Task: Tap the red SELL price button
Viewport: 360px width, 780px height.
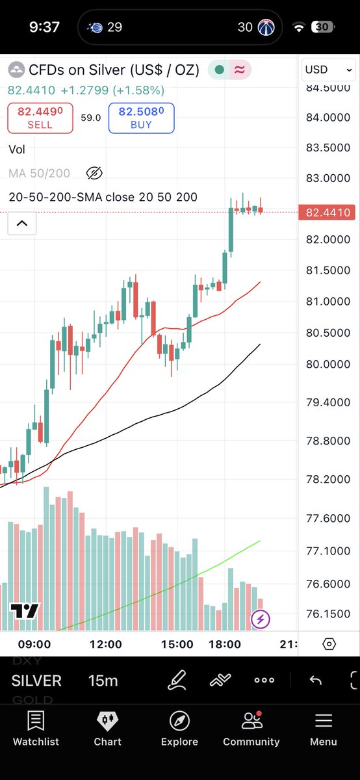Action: pos(40,118)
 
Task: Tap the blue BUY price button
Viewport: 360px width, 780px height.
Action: pos(142,118)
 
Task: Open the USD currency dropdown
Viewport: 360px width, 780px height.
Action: pos(328,70)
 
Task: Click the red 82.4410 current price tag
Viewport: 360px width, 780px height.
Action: pos(327,213)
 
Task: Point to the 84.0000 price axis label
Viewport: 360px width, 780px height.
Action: pos(328,118)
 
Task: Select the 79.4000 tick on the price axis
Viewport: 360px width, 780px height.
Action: pos(328,402)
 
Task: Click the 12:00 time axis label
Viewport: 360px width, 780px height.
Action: pos(106,644)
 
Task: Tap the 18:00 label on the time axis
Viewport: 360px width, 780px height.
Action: pos(225,644)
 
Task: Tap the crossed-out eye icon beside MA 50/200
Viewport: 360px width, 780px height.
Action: pos(94,173)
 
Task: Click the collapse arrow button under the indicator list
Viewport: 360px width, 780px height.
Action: pos(22,223)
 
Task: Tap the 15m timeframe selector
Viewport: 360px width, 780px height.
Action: pos(103,681)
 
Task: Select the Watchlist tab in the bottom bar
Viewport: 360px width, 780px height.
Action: pos(36,727)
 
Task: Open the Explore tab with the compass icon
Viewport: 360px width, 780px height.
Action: pos(179,727)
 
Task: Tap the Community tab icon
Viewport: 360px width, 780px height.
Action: pos(251,721)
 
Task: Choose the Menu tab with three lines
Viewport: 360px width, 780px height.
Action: pos(324,727)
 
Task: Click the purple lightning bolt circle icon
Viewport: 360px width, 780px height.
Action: pos(261,619)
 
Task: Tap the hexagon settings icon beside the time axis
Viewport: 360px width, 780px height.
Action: pos(329,644)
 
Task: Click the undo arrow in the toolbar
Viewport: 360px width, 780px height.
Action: pos(315,680)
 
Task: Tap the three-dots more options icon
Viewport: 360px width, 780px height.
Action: pos(264,680)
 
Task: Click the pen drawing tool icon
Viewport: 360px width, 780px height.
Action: pos(177,680)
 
